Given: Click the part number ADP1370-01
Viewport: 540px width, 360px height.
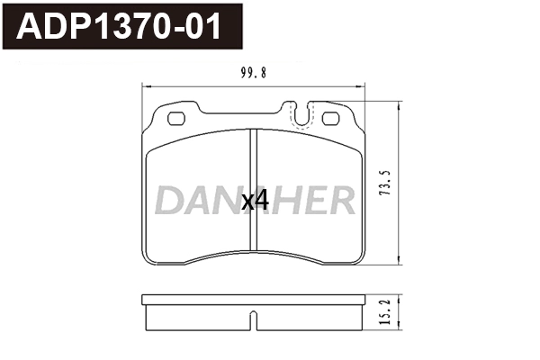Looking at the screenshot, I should click(x=121, y=27).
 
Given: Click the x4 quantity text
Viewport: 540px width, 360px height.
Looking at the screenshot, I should click(x=256, y=201).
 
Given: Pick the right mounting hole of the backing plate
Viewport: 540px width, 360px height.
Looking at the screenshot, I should click(x=329, y=117).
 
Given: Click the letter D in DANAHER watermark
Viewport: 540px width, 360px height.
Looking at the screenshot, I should click(x=168, y=201).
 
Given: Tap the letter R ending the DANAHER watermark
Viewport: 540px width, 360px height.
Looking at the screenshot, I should click(x=340, y=201).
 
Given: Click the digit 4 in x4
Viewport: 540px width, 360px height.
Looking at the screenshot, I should click(x=263, y=201).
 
